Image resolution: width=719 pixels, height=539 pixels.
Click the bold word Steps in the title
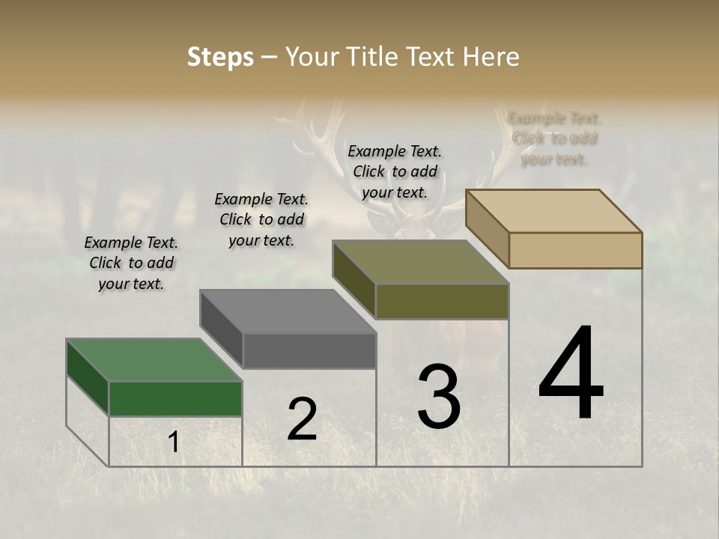[x=220, y=57]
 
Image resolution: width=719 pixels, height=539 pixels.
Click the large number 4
[x=571, y=374]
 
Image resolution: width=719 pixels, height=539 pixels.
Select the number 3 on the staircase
[x=439, y=396]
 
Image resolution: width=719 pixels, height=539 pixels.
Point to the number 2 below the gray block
[x=302, y=419]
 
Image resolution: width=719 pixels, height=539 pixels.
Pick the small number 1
[x=173, y=442]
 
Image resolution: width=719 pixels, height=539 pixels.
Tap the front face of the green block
[x=175, y=398]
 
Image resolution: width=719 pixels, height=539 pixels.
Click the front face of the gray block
[x=309, y=350]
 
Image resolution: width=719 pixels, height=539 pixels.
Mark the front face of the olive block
[x=442, y=301]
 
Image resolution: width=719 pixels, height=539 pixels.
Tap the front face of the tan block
[x=575, y=250]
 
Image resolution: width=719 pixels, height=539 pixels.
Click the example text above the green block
[x=131, y=263]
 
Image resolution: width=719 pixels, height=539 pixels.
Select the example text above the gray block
[x=261, y=219]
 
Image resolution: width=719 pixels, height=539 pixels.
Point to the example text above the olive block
[x=395, y=171]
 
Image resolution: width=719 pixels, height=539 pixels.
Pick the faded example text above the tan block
[x=554, y=138]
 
